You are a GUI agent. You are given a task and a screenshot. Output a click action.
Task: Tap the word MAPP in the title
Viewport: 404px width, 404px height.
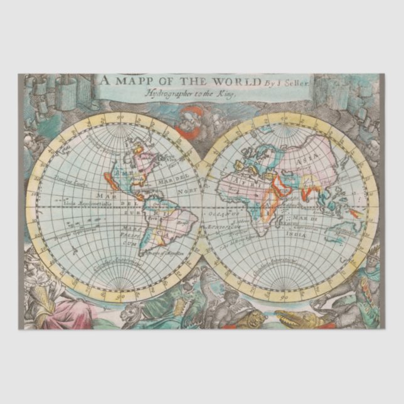139,82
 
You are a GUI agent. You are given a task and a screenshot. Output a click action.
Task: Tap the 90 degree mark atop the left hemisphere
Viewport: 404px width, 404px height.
115,117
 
